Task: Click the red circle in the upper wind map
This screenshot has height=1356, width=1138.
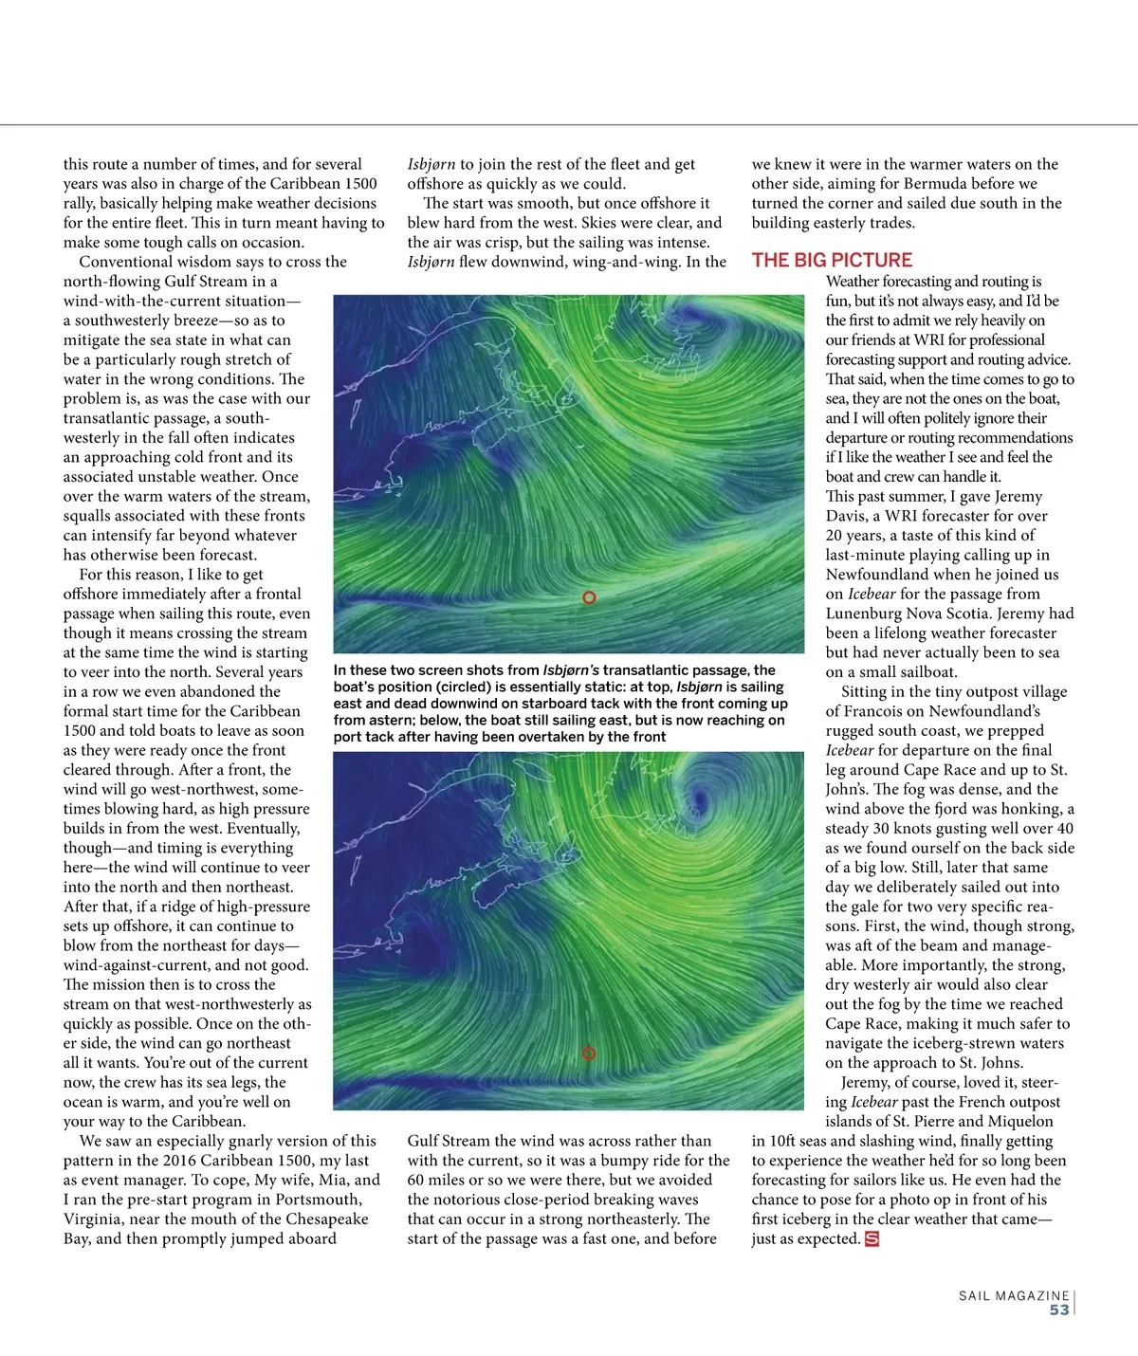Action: coord(589,597)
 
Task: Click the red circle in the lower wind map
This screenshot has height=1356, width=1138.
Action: coord(588,1054)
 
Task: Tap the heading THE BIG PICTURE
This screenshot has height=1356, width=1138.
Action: coord(832,260)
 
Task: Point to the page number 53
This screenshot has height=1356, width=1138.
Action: coord(1059,1310)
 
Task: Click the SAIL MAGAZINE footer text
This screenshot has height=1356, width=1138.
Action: coord(1014,1295)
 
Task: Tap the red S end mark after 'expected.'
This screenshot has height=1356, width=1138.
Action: coord(872,1238)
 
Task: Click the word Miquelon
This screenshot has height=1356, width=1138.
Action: coord(1015,1121)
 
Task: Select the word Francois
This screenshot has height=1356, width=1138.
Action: coord(869,711)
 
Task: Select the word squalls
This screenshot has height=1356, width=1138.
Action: coord(92,516)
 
